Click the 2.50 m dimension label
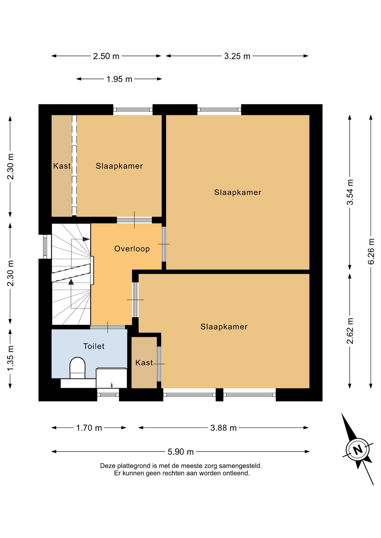106,56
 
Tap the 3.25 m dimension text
237,56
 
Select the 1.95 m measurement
119,79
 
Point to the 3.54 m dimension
350,192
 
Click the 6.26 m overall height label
371,251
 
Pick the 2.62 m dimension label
350,331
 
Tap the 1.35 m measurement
10,358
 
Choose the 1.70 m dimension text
89,428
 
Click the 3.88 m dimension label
223,428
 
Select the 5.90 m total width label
181,452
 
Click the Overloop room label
132,249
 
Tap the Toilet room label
94,346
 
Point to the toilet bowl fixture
77,368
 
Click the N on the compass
358,450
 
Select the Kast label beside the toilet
144,363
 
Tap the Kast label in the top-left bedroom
62,166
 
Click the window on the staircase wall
45,247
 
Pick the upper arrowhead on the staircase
86,239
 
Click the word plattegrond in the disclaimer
134,466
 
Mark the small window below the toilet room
108,395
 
